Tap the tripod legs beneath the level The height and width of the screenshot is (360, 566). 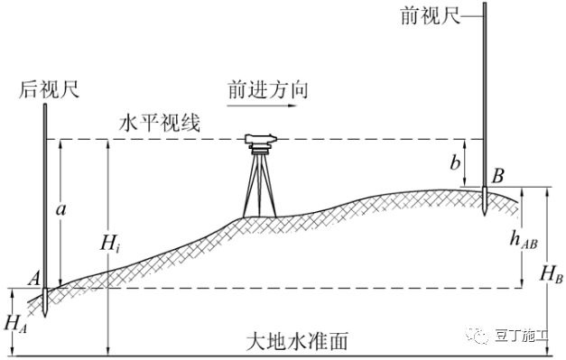[261, 184]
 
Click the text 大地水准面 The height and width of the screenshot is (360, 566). [298, 343]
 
